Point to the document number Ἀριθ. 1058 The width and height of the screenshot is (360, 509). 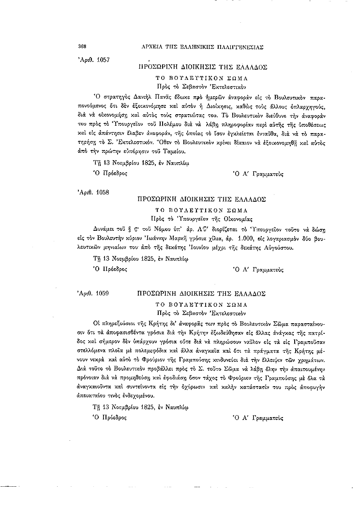93,192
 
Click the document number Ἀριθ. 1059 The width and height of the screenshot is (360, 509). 93,294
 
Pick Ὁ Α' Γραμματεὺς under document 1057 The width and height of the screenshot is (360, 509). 258,173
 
